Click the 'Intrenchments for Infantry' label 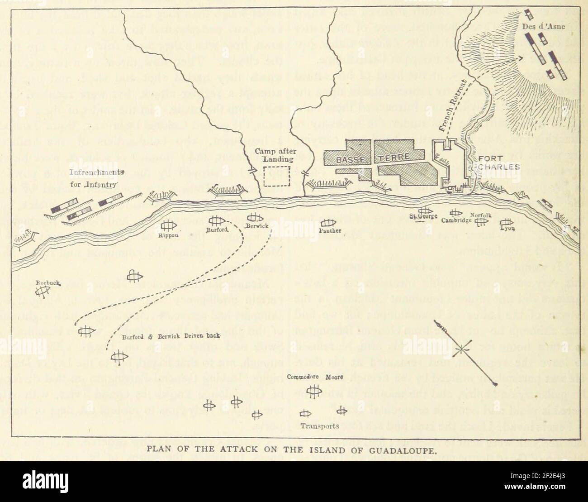tap(97, 179)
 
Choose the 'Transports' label tap(320, 426)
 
